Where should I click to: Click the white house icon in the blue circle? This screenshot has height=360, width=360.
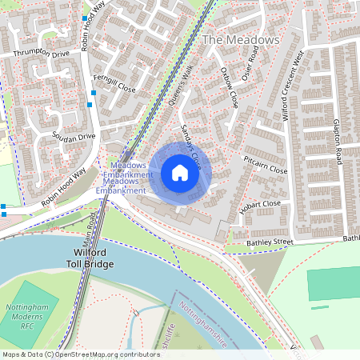(180, 172)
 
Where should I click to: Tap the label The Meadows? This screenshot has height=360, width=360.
(242, 39)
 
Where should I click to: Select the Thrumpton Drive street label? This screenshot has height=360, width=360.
(42, 54)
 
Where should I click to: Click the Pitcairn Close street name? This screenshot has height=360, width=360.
(265, 166)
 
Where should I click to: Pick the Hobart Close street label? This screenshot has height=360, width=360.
(260, 207)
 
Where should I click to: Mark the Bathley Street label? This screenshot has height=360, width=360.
(272, 241)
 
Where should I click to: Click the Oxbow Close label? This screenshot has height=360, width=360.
(230, 86)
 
